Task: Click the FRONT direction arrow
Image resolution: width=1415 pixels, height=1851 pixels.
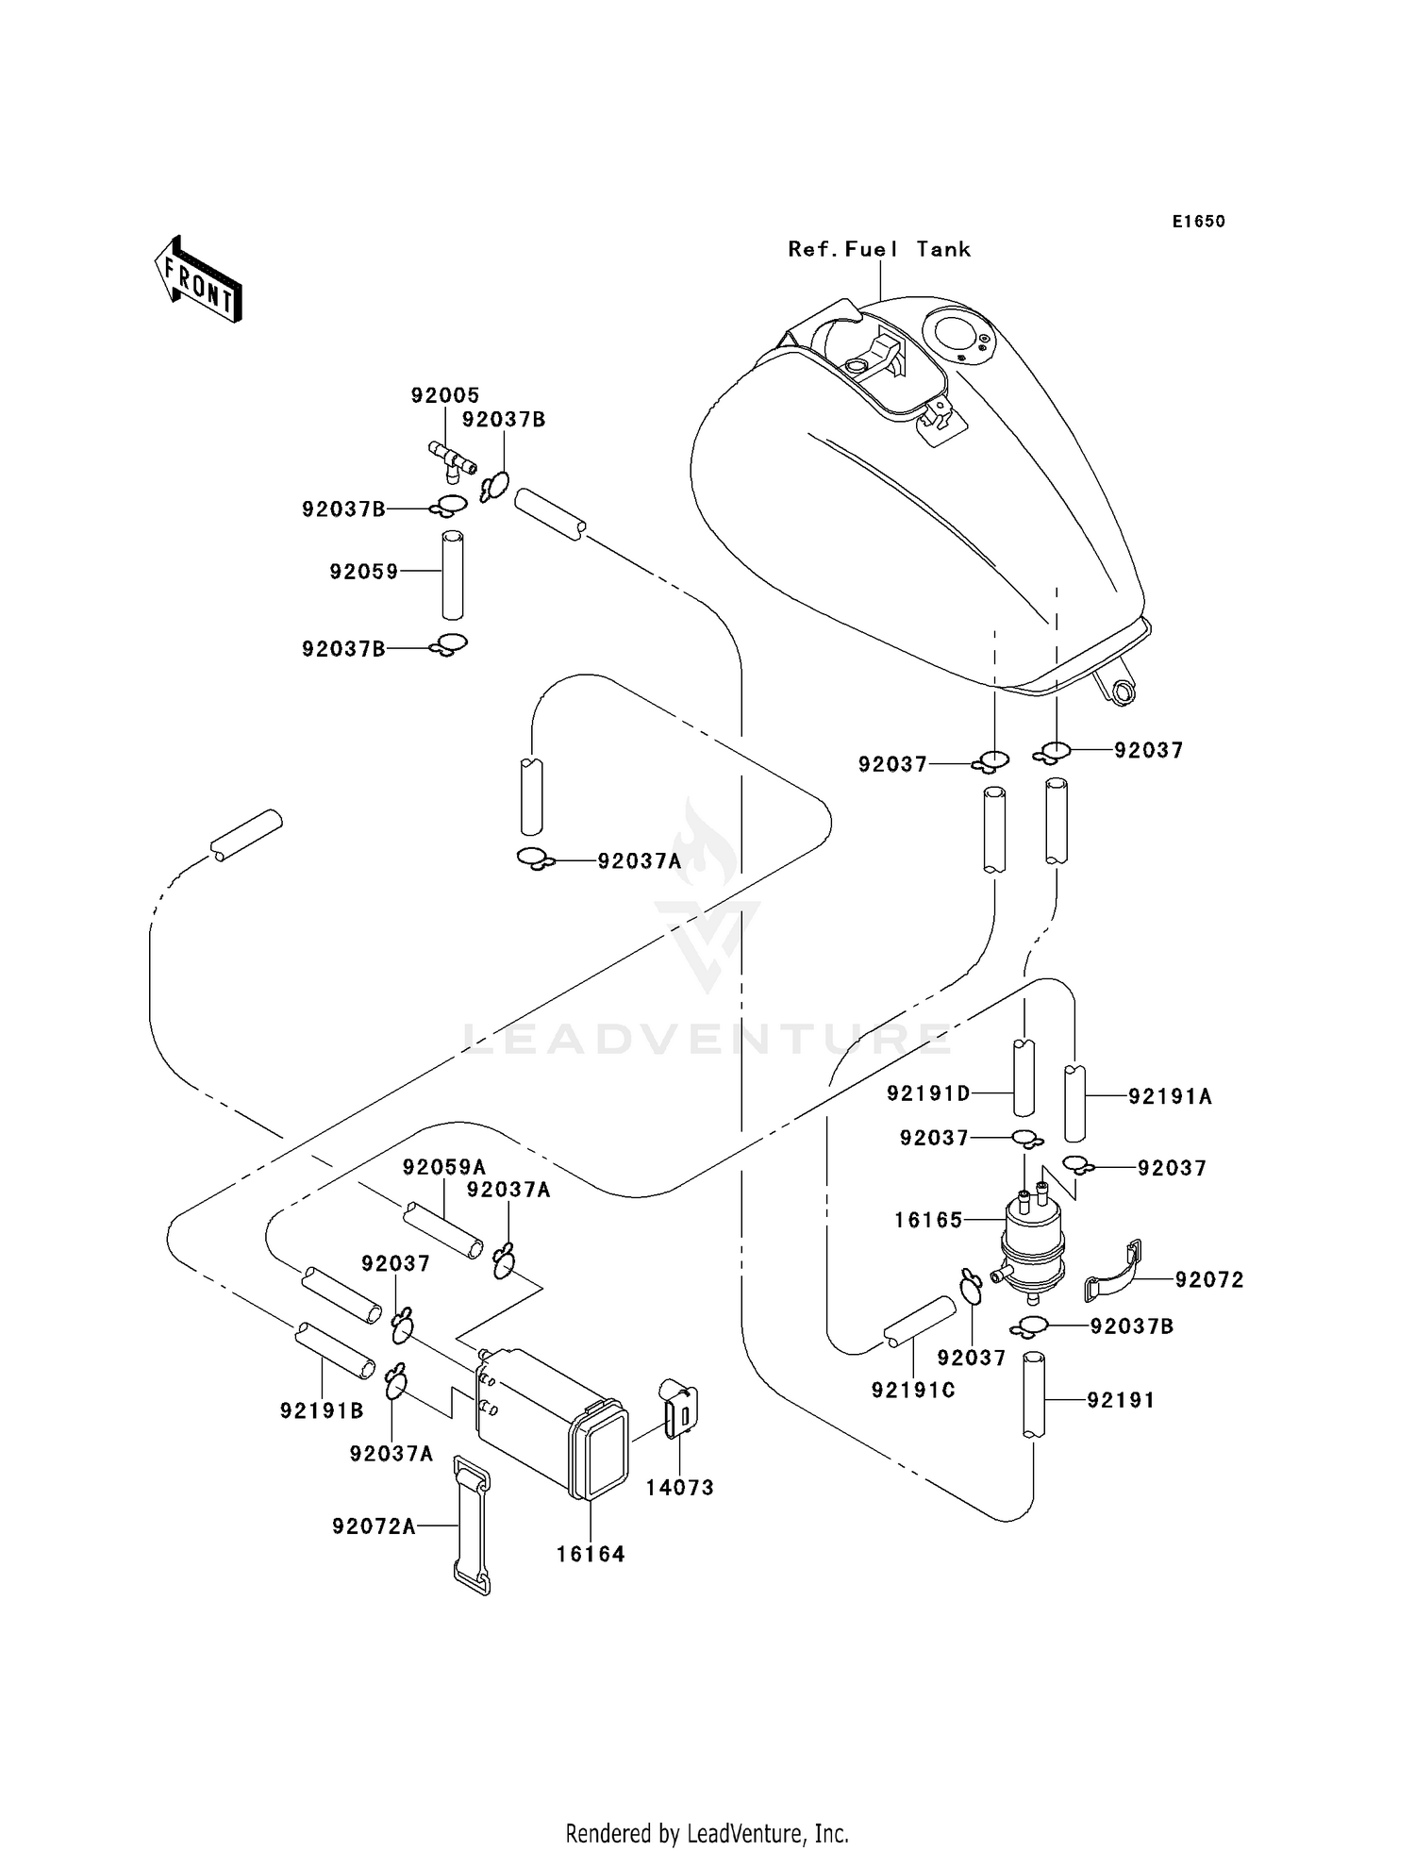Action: pyautogui.click(x=199, y=281)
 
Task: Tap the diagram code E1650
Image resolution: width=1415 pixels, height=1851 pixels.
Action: pyautogui.click(x=1198, y=222)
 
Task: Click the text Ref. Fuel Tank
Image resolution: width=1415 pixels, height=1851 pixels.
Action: pyautogui.click(x=879, y=249)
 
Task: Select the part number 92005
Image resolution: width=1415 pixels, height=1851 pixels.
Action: pyautogui.click(x=445, y=395)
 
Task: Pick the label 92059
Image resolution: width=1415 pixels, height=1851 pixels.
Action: pyautogui.click(x=364, y=572)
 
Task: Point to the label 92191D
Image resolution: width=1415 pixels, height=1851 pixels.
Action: pyautogui.click(x=928, y=1093)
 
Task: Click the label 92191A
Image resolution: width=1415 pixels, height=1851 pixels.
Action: pyautogui.click(x=1170, y=1096)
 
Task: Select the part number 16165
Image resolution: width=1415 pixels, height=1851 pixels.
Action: pyautogui.click(x=928, y=1220)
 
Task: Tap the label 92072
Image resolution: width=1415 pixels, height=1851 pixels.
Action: pyautogui.click(x=1209, y=1279)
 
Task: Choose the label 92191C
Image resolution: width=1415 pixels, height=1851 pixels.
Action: pyautogui.click(x=913, y=1390)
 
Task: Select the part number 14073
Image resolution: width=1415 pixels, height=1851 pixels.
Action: pyautogui.click(x=679, y=1488)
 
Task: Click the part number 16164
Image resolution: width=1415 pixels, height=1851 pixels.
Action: pyautogui.click(x=591, y=1554)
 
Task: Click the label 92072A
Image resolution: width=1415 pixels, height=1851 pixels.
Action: pyautogui.click(x=374, y=1526)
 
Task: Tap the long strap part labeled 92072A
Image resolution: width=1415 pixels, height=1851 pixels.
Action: pyautogui.click(x=472, y=1526)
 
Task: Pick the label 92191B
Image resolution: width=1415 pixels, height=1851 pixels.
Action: pyautogui.click(x=322, y=1410)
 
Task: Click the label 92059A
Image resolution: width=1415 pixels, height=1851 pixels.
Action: pyautogui.click(x=444, y=1167)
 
